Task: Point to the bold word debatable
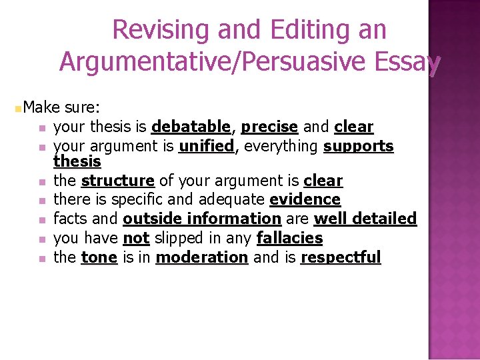(191, 127)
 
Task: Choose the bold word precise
(269, 127)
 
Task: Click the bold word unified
(207, 146)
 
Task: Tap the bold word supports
(359, 146)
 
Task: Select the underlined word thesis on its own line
(77, 161)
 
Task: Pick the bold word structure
(118, 181)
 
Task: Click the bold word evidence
(305, 199)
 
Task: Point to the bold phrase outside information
(202, 219)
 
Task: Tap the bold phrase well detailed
(365, 219)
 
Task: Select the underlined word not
(136, 238)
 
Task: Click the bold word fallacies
(290, 238)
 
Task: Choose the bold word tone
(99, 257)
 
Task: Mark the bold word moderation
(201, 257)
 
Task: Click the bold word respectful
(341, 257)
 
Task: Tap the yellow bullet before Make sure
(18, 108)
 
